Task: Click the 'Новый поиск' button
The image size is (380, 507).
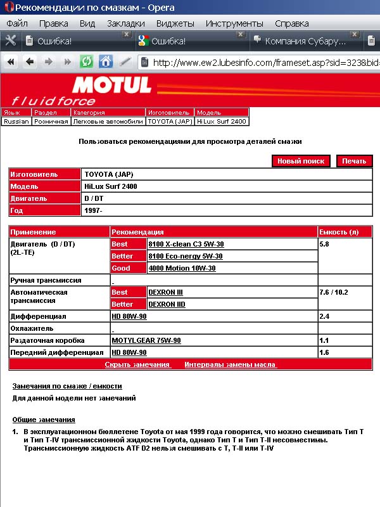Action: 301,161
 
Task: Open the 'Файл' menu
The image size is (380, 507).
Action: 17,23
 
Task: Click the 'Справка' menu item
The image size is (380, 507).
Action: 291,23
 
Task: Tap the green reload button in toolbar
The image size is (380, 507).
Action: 86,62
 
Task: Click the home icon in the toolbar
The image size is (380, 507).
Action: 106,62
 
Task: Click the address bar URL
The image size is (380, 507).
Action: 266,63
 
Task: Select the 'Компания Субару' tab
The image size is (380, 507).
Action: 305,41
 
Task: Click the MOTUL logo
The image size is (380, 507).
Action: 112,85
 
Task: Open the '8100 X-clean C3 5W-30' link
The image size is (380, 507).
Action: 186,244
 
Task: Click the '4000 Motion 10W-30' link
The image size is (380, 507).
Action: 182,268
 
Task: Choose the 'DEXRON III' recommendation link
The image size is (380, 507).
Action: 165,292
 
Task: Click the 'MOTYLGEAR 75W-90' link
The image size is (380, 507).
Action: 146,340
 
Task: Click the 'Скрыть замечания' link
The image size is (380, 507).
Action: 137,364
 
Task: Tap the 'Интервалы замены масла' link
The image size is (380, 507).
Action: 231,364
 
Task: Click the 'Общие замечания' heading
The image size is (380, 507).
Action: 44,420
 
